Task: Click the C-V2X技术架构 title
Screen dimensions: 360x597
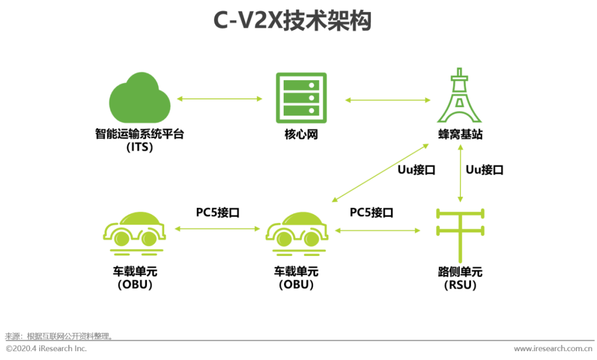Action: (x=292, y=21)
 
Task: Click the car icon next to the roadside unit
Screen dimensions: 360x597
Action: (x=296, y=232)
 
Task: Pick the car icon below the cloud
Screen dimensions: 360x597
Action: (x=134, y=232)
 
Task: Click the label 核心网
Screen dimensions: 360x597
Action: (x=299, y=134)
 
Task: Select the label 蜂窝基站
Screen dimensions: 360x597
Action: (x=460, y=134)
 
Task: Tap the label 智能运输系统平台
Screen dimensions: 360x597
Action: (x=139, y=134)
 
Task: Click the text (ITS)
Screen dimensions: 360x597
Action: (x=139, y=148)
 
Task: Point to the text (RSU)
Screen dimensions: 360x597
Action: (x=460, y=285)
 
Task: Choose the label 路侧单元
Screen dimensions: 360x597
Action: (x=460, y=272)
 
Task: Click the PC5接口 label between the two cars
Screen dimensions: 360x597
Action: (x=218, y=212)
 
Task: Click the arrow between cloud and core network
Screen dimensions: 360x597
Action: (x=219, y=99)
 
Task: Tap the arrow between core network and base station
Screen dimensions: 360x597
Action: (x=387, y=100)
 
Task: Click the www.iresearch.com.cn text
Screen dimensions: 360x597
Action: (x=553, y=348)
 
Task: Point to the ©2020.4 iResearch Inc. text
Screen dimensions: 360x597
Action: (x=46, y=348)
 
